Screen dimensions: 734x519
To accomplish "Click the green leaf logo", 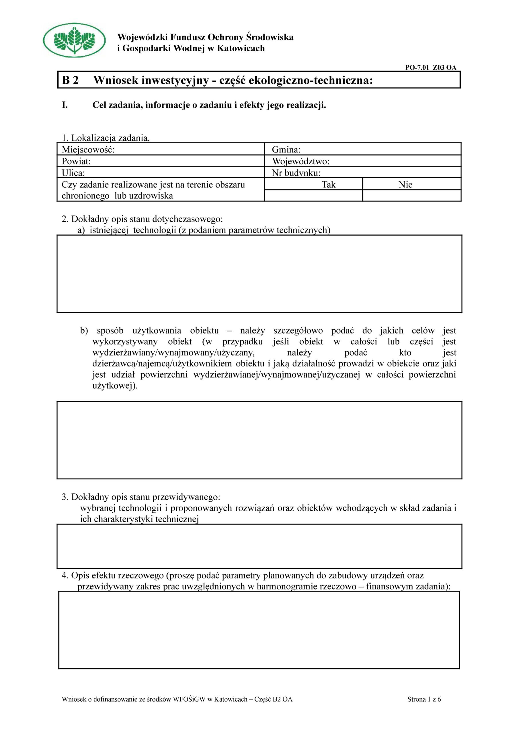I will pyautogui.click(x=74, y=40).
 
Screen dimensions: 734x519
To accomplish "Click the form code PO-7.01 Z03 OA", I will pyautogui.click(x=430, y=67).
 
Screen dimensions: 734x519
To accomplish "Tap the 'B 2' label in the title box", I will pyautogui.click(x=70, y=80).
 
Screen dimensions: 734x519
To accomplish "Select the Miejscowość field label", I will pyautogui.click(x=88, y=149).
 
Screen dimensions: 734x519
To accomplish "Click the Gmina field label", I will pyautogui.click(x=286, y=149).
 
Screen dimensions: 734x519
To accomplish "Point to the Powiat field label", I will pyautogui.click(x=76, y=161).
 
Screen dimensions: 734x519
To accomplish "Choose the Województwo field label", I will pyautogui.click(x=300, y=161).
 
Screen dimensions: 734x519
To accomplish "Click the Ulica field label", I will pyautogui.click(x=73, y=173).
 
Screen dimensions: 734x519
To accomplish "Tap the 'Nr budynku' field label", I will pyautogui.click(x=296, y=173).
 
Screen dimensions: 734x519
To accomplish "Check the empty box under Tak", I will pyautogui.click(x=313, y=195).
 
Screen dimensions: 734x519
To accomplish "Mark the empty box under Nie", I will pyautogui.click(x=411, y=195).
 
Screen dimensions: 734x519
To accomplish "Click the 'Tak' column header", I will pyautogui.click(x=328, y=184).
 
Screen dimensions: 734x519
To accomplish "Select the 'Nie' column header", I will pyautogui.click(x=405, y=184).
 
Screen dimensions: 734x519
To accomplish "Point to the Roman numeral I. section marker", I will pyautogui.click(x=65, y=105).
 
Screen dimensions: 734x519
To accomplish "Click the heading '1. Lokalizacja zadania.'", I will pyautogui.click(x=106, y=138).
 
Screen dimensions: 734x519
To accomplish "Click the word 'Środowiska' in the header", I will pyautogui.click(x=270, y=37).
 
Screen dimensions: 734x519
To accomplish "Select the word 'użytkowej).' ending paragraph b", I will pyautogui.click(x=115, y=386).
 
